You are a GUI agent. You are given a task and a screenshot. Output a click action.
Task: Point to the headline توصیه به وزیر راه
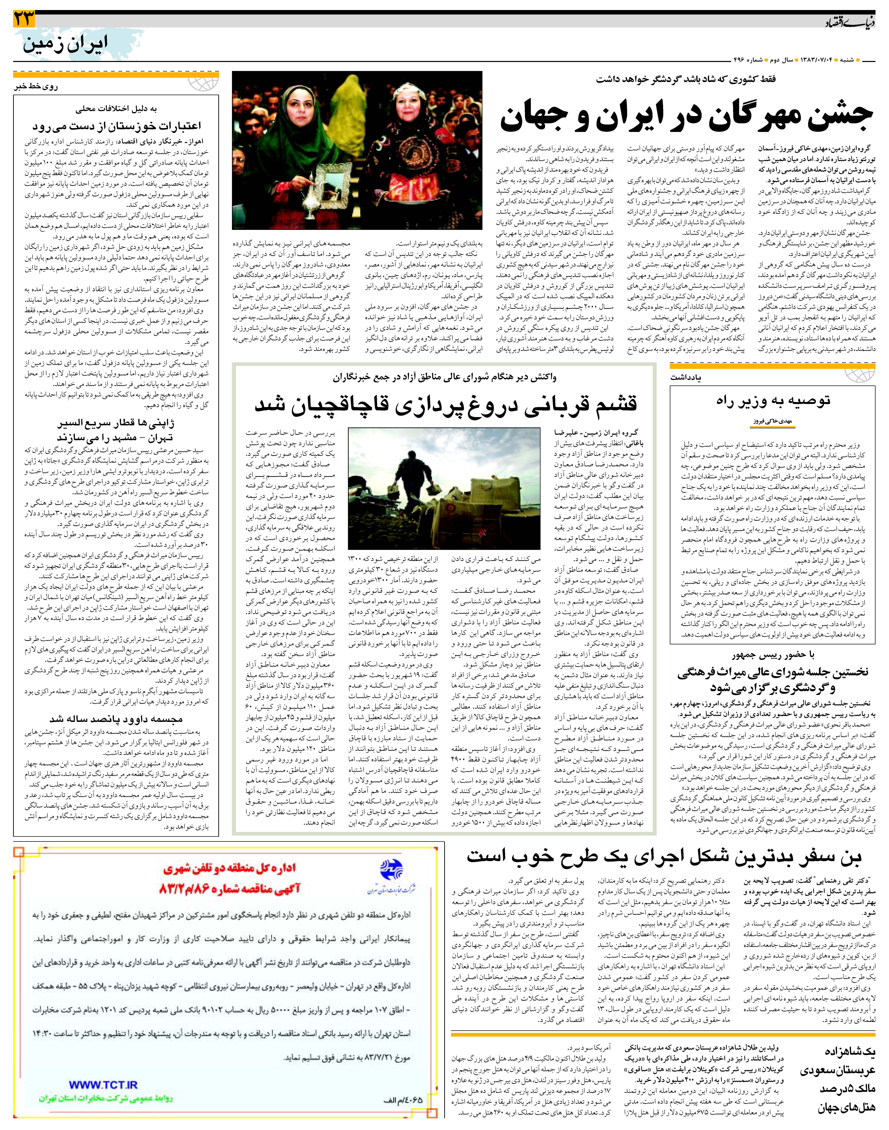773,400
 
